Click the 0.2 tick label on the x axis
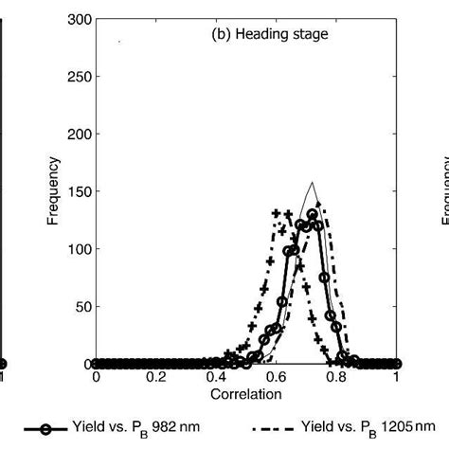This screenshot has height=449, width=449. (155, 375)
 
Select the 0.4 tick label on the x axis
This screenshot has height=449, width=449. (216, 375)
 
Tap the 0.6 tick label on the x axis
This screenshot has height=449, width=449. (276, 375)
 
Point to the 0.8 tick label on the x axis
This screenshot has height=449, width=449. (336, 375)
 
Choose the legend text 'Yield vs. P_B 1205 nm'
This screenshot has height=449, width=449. (366, 428)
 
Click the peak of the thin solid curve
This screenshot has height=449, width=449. (312, 183)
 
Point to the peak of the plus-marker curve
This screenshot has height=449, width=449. (277, 213)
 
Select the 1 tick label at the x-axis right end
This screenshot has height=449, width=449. (396, 375)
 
